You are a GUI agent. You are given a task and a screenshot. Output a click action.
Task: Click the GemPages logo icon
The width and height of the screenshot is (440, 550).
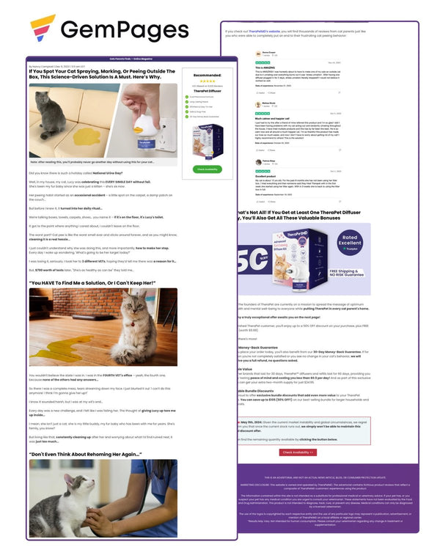pos(42,30)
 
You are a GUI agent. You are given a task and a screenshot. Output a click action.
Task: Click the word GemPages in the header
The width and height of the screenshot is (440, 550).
pos(125,30)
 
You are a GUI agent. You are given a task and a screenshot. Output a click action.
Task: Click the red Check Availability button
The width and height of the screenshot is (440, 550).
pos(298,452)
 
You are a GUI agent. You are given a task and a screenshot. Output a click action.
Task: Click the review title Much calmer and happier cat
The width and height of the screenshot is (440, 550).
pos(271,118)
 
